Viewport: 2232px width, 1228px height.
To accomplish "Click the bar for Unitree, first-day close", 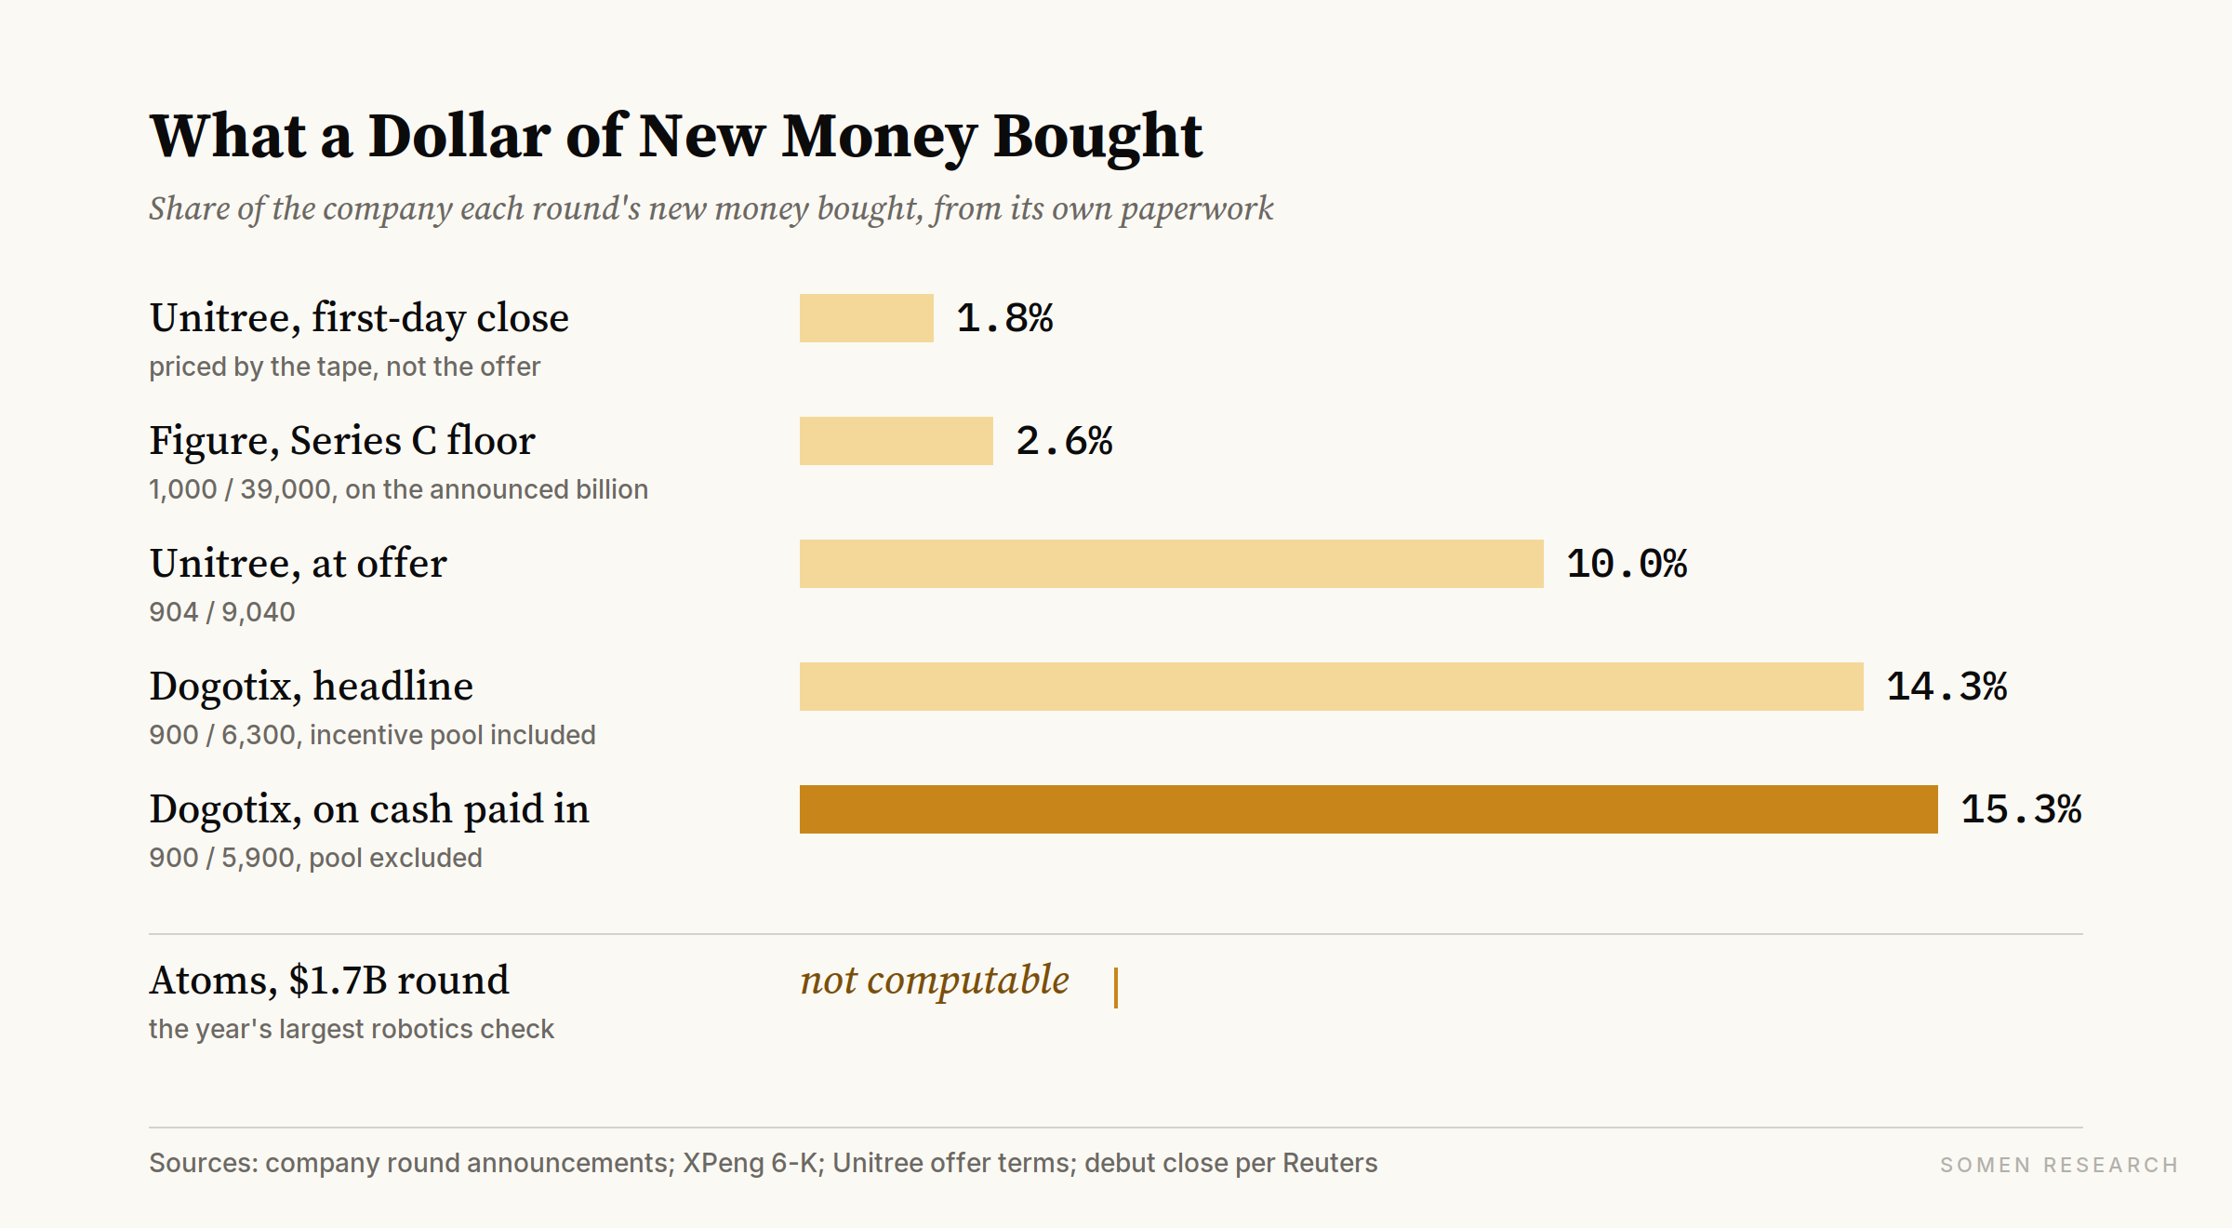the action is pyautogui.click(x=867, y=318).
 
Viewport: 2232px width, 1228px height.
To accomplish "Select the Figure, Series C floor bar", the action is pyautogui.click(x=897, y=441).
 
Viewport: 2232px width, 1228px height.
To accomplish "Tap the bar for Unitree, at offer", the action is pyautogui.click(x=1172, y=564).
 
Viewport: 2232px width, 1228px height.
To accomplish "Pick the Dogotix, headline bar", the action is pyautogui.click(x=1332, y=687).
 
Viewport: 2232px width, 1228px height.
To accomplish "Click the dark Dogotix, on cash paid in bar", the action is pyautogui.click(x=1369, y=809).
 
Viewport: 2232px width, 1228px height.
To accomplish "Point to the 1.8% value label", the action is pyautogui.click(x=1004, y=318).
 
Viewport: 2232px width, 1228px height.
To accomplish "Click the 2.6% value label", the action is pyautogui.click(x=1064, y=441).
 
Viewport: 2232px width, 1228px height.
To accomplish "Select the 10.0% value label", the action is pyautogui.click(x=1627, y=564).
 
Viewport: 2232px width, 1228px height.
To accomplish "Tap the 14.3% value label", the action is pyautogui.click(x=1946, y=687).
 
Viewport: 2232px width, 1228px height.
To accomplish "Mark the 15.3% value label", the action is pyautogui.click(x=2021, y=809).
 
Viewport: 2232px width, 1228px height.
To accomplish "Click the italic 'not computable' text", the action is pyautogui.click(x=935, y=981).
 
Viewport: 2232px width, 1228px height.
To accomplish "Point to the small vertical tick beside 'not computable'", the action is pyautogui.click(x=1116, y=988).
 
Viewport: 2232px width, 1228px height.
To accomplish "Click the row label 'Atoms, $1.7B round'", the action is pyautogui.click(x=329, y=981).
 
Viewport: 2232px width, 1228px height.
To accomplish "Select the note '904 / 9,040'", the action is pyautogui.click(x=222, y=612).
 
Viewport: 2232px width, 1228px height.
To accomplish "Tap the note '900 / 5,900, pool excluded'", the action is pyautogui.click(x=315, y=858).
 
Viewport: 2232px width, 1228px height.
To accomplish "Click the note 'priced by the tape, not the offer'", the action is pyautogui.click(x=344, y=367).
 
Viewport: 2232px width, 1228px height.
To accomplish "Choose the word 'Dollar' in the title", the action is pyautogui.click(x=459, y=136).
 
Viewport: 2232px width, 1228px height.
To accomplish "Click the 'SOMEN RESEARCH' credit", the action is pyautogui.click(x=2059, y=1165).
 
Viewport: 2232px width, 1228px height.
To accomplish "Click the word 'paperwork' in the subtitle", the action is pyautogui.click(x=1197, y=208).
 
